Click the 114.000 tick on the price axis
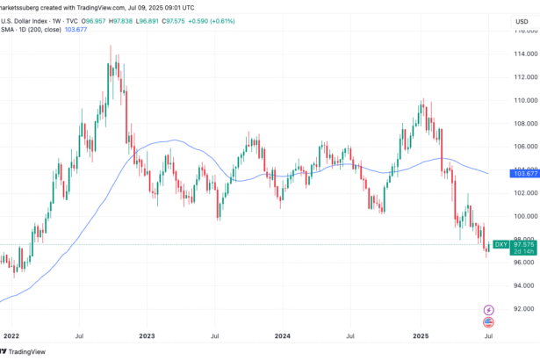(x=523, y=54)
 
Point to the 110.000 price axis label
(x=523, y=100)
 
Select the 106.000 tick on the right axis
(x=523, y=146)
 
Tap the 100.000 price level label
(x=523, y=216)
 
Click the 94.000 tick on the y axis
(x=523, y=285)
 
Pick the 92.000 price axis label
(x=523, y=308)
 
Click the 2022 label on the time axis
(x=11, y=335)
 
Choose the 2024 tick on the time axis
(x=283, y=335)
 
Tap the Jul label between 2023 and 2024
(x=214, y=335)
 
